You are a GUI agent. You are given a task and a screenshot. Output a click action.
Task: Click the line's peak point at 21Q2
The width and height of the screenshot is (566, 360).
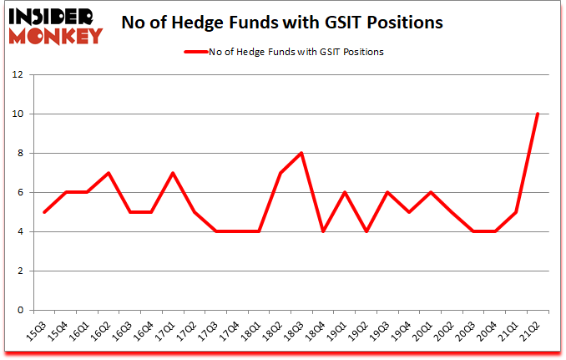tap(538, 114)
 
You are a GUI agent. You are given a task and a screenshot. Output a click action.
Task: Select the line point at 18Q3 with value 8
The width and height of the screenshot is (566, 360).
tap(301, 153)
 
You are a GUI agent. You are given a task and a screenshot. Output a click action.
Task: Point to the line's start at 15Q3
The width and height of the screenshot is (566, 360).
tap(44, 212)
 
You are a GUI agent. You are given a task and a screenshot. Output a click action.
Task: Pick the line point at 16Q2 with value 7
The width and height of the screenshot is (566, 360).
tap(109, 173)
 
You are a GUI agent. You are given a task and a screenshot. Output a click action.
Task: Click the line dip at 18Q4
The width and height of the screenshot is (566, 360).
tap(322, 231)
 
